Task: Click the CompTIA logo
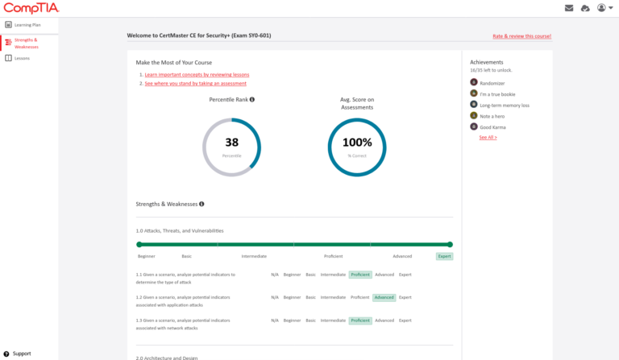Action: point(30,8)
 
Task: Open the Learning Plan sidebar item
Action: point(27,25)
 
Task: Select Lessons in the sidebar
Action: point(22,58)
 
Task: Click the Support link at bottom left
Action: point(21,354)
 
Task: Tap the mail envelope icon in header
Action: point(569,8)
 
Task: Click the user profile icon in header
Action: point(601,8)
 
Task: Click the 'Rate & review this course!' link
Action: point(522,36)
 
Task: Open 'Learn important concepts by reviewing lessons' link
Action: point(197,75)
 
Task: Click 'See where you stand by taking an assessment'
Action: point(195,84)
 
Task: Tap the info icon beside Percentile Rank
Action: point(252,100)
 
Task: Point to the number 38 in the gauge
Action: point(231,143)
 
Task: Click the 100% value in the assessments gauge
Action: point(357,143)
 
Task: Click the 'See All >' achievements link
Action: point(488,138)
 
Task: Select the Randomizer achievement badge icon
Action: point(474,82)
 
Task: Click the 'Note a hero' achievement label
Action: point(492,116)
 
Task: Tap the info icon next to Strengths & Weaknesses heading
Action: point(201,205)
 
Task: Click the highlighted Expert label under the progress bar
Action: point(444,256)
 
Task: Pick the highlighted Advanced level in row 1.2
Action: point(384,297)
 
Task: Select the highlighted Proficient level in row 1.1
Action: point(359,275)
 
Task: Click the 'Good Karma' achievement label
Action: point(492,127)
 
